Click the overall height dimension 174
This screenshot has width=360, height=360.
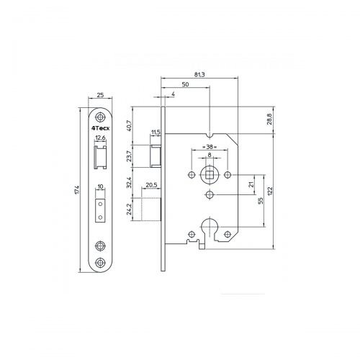coord(77,190)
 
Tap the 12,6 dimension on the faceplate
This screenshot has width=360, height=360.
coord(99,138)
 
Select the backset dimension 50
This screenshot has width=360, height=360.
coord(186,85)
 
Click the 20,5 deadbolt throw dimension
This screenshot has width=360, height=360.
coord(151,185)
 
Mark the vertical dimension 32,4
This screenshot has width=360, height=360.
coord(130,183)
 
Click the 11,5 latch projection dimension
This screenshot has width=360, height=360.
coord(156,132)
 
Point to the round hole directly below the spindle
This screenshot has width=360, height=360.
coord(209,195)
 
